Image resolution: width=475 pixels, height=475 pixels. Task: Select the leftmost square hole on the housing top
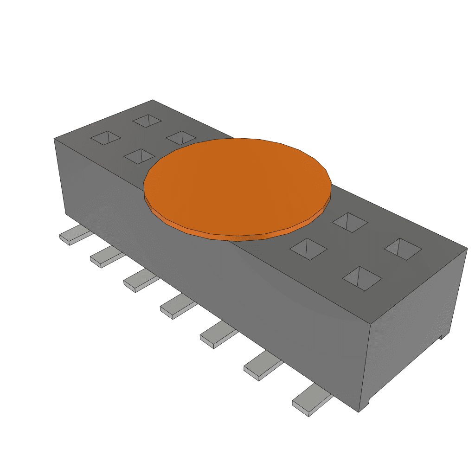pos(105,138)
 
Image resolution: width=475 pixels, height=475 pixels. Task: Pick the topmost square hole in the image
pos(147,121)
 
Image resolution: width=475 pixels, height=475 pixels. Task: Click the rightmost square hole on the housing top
pos(403,249)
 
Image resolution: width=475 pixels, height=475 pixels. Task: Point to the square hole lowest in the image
pos(362,278)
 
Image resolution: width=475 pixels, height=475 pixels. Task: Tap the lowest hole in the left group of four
pos(139,156)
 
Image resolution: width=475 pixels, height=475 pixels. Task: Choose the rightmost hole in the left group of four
pos(181,137)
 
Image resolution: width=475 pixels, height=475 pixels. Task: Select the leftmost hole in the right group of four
pos(308,249)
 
